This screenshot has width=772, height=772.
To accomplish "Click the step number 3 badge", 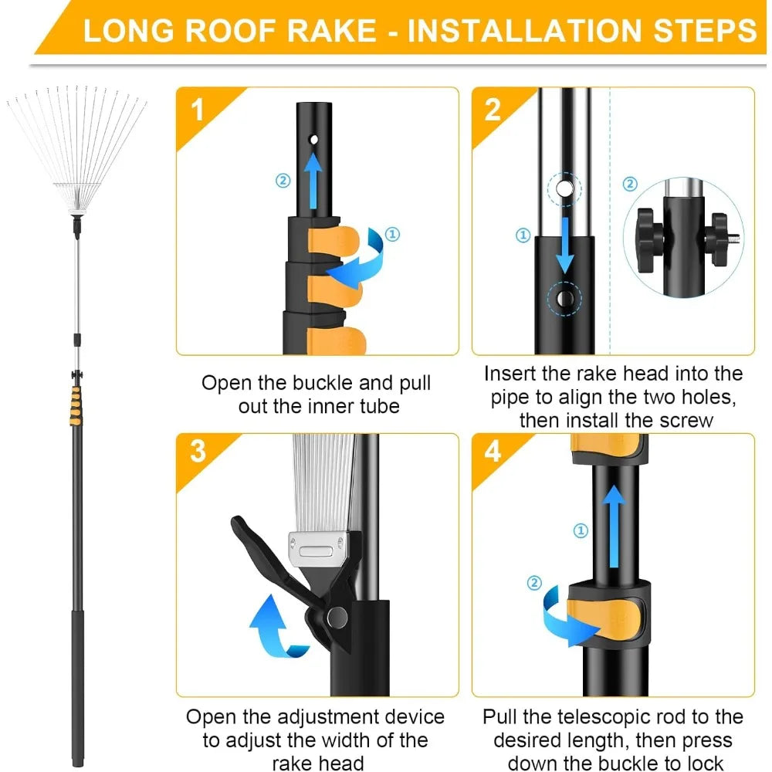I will coord(197,451).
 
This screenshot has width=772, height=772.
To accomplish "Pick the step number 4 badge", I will coord(493,451).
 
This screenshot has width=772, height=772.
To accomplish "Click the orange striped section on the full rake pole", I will coord(75,401).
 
